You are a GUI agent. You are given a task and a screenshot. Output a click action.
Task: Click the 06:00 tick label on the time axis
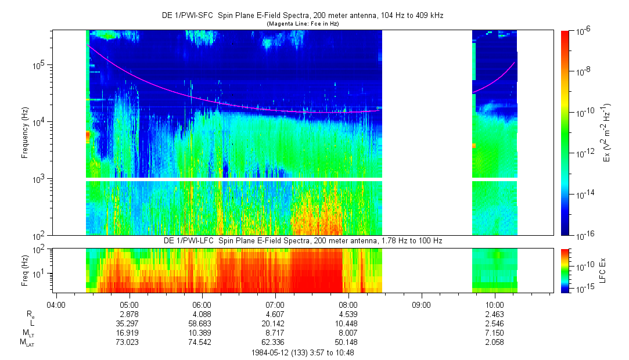pyautogui.click(x=202, y=304)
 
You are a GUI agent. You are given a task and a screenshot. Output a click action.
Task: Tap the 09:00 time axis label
pyautogui.click(x=421, y=304)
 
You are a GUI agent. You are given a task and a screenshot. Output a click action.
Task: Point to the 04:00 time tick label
pyautogui.click(x=56, y=304)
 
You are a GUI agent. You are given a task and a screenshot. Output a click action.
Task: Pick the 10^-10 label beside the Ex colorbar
pyautogui.click(x=584, y=113)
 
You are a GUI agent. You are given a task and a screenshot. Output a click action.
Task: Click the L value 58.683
pyautogui.click(x=202, y=323)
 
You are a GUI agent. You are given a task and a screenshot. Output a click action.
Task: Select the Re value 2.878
pyautogui.click(x=128, y=314)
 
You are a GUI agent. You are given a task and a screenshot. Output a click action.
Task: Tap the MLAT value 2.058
pyautogui.click(x=494, y=343)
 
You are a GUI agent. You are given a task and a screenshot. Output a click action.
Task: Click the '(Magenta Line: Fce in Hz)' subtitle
pyautogui.click(x=302, y=24)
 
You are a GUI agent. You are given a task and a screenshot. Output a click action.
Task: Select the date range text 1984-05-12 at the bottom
pyautogui.click(x=302, y=352)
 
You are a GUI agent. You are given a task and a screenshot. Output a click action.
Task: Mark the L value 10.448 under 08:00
pyautogui.click(x=348, y=323)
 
